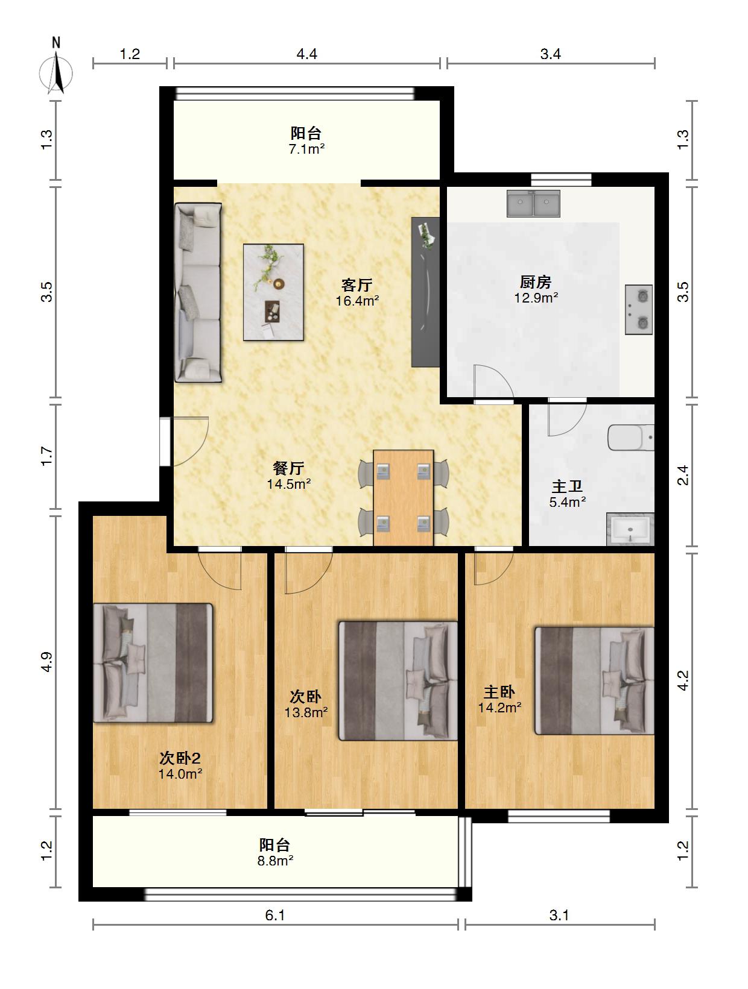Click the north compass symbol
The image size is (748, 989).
tap(56, 68)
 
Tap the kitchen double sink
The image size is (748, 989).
tap(533, 203)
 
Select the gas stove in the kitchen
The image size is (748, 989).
tap(638, 310)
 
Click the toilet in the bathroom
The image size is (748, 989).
tap(631, 438)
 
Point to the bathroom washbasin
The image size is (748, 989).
tap(630, 529)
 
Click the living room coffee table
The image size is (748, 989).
tap(273, 292)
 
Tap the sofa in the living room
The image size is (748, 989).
tap(198, 292)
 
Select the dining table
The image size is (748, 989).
tap(404, 498)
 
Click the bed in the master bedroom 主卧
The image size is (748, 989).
tap(594, 680)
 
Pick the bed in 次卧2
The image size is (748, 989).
tap(153, 663)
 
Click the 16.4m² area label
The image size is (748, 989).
tap(357, 301)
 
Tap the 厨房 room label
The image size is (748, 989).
tap(536, 283)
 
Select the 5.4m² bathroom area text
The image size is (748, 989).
tap(567, 502)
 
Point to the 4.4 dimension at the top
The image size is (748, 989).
tap(306, 54)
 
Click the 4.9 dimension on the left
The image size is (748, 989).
tap(47, 662)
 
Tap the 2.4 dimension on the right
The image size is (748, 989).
tap(683, 475)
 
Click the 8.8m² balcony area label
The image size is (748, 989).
tap(276, 861)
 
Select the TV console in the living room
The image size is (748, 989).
tap(425, 292)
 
